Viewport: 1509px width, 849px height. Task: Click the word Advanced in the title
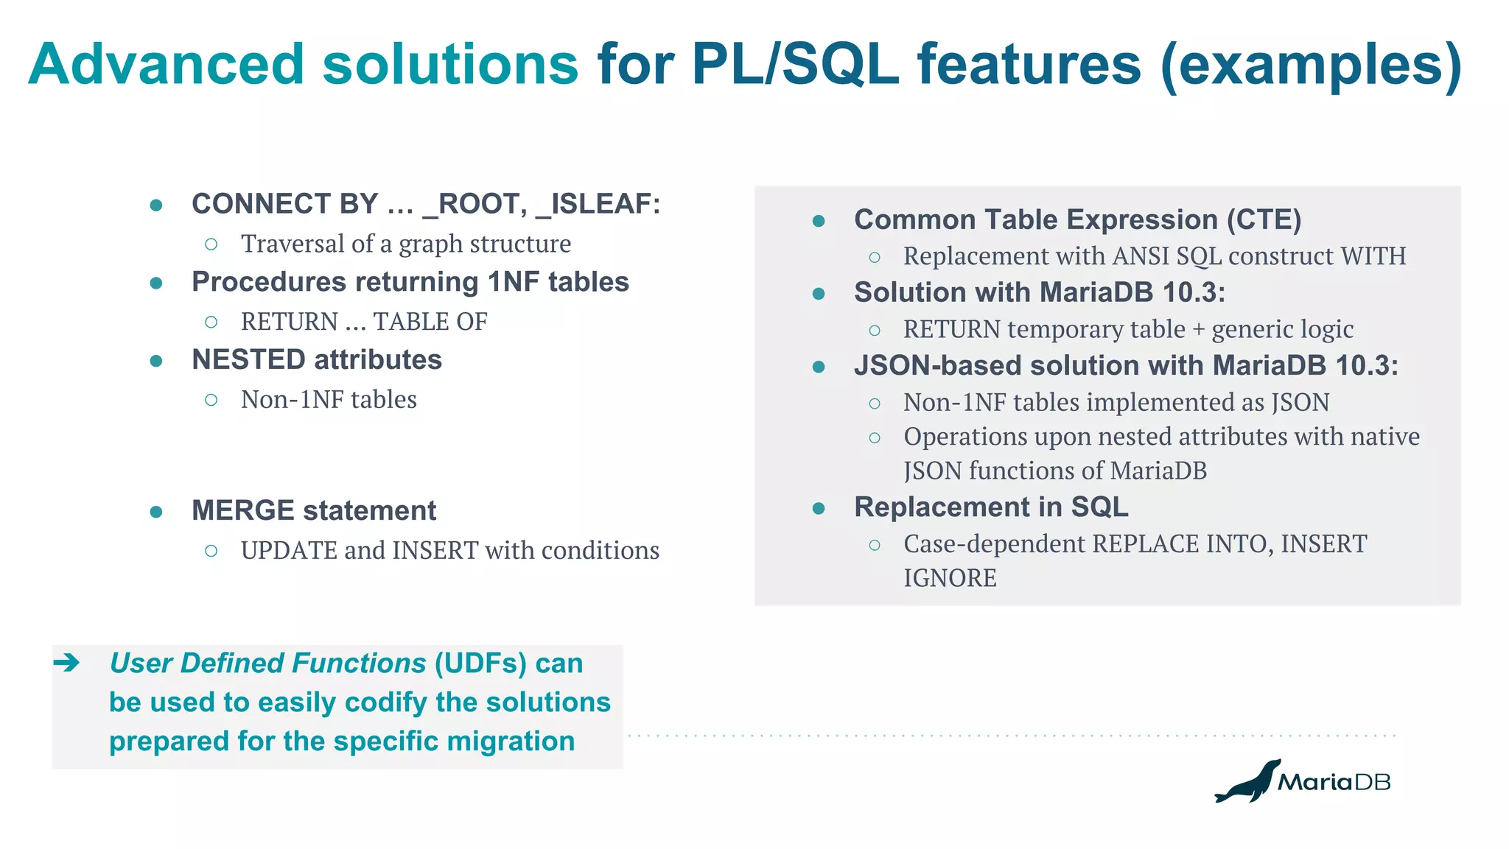point(166,65)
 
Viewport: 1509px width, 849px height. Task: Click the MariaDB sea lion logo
point(1248,783)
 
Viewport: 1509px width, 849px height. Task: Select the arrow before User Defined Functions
point(67,663)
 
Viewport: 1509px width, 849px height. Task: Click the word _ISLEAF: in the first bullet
point(598,204)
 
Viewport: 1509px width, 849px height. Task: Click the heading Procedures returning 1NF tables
point(410,282)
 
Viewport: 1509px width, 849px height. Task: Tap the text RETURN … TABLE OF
point(364,322)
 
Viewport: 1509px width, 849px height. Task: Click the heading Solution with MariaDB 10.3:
point(1039,292)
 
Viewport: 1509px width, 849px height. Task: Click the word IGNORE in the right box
point(950,579)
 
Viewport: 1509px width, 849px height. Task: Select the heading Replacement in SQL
point(990,507)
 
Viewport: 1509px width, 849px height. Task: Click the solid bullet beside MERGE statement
point(156,512)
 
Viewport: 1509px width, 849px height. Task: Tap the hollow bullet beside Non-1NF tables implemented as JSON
point(875,404)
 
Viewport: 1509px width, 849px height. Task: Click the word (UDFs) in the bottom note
point(480,663)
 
